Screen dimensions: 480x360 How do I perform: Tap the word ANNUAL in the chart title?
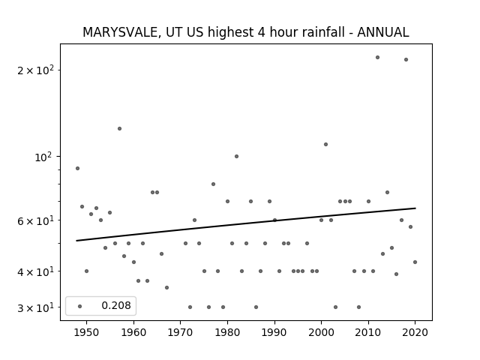[x=383, y=32]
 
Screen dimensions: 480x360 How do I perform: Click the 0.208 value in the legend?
[x=116, y=305]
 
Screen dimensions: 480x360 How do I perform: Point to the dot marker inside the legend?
[x=80, y=306]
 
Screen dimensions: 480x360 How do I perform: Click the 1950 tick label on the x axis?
[x=87, y=332]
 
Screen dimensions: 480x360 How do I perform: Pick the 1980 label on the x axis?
[x=227, y=332]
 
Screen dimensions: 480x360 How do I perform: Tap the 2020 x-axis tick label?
[x=415, y=332]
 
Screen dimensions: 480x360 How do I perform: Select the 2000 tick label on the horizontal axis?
[x=321, y=332]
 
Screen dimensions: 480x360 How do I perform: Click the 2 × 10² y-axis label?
[x=35, y=70]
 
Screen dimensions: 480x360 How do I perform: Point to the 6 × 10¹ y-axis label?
[x=35, y=220]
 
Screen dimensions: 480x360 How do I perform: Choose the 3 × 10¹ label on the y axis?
[x=35, y=307]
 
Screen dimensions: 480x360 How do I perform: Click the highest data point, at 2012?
[x=377, y=57]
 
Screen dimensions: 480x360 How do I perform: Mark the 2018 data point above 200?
[x=406, y=59]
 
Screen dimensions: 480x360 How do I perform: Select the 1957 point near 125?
[x=119, y=128]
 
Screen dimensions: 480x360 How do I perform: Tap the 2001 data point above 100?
[x=325, y=144]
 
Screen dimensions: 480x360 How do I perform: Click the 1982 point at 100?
[x=236, y=156]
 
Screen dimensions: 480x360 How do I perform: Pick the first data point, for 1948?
[x=77, y=168]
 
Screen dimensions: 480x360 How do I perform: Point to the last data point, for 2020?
[x=415, y=262]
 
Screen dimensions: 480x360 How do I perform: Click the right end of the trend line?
[x=415, y=208]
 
